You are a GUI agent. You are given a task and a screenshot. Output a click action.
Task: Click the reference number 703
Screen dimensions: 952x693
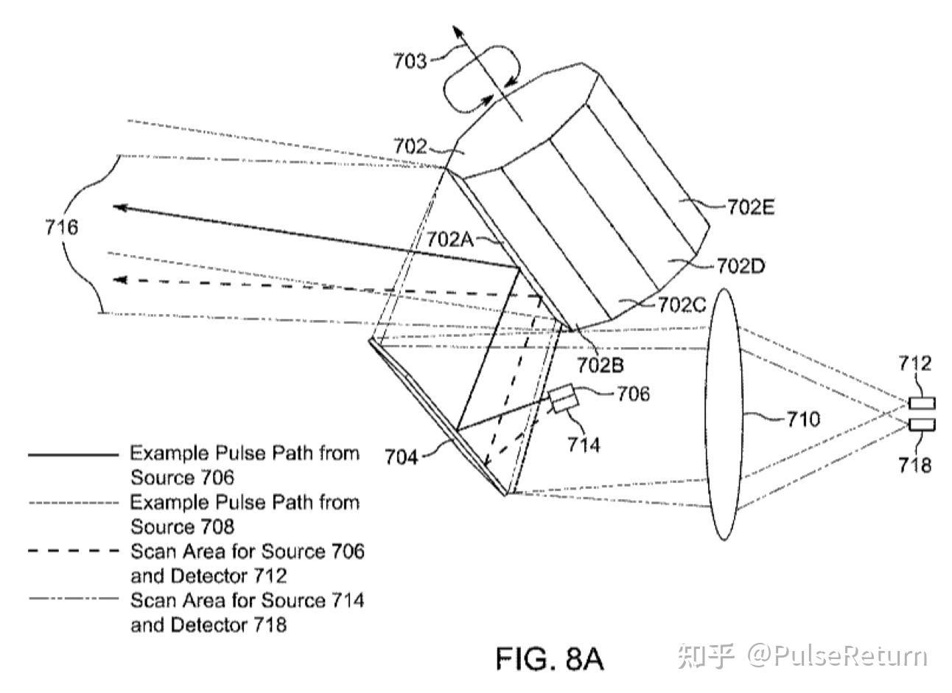pyautogui.click(x=409, y=61)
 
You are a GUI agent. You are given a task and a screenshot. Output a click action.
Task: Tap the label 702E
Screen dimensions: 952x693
pyautogui.click(x=751, y=207)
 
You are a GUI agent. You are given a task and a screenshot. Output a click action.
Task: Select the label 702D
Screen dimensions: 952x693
pyautogui.click(x=741, y=266)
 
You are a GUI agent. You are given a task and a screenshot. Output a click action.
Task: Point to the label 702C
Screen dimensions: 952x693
pyautogui.click(x=682, y=304)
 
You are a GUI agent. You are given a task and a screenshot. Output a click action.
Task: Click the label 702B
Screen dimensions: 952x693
pyautogui.click(x=600, y=365)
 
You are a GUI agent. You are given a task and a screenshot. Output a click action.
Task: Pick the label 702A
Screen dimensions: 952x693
pyautogui.click(x=449, y=240)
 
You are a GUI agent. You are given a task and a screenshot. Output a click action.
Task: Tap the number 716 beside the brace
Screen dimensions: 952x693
pyautogui.click(x=62, y=227)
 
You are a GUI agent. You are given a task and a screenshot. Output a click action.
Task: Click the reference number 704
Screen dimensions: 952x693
pyautogui.click(x=402, y=458)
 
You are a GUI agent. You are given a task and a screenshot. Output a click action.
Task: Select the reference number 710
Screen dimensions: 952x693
pyautogui.click(x=803, y=419)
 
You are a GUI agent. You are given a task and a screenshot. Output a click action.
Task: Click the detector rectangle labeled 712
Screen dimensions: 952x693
pyautogui.click(x=922, y=403)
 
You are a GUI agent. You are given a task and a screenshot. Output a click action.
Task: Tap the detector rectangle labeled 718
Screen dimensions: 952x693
pyautogui.click(x=922, y=425)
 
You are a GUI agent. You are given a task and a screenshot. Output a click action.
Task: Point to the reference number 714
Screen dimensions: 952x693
pyautogui.click(x=584, y=445)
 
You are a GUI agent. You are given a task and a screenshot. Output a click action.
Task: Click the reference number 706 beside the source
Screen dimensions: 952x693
pyautogui.click(x=633, y=394)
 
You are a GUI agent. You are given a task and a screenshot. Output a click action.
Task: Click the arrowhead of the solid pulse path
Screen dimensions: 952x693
pyautogui.click(x=119, y=207)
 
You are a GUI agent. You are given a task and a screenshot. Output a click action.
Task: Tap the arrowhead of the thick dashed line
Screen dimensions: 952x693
pyautogui.click(x=120, y=280)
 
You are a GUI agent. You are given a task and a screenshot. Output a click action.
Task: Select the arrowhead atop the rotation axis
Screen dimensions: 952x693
pyautogui.click(x=457, y=32)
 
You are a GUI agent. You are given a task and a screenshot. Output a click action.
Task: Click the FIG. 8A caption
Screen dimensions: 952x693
pyautogui.click(x=550, y=659)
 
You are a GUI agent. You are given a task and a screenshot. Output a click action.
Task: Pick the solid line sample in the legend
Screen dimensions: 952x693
pyautogui.click(x=73, y=455)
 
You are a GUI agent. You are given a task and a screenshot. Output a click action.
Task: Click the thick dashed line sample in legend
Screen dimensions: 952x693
pyautogui.click(x=73, y=551)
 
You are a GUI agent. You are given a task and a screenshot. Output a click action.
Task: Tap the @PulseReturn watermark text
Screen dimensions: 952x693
pyautogui.click(x=837, y=656)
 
